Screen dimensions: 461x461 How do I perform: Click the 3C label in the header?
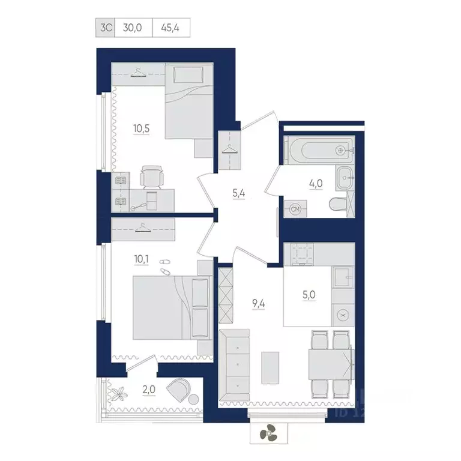[105, 28]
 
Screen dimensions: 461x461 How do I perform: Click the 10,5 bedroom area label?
[140, 127]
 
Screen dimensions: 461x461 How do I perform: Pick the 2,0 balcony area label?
[149, 389]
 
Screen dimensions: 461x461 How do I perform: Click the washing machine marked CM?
[295, 209]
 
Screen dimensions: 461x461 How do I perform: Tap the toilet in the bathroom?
[339, 205]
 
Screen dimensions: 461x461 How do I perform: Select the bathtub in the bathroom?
[319, 149]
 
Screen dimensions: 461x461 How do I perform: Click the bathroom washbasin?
[344, 176]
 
